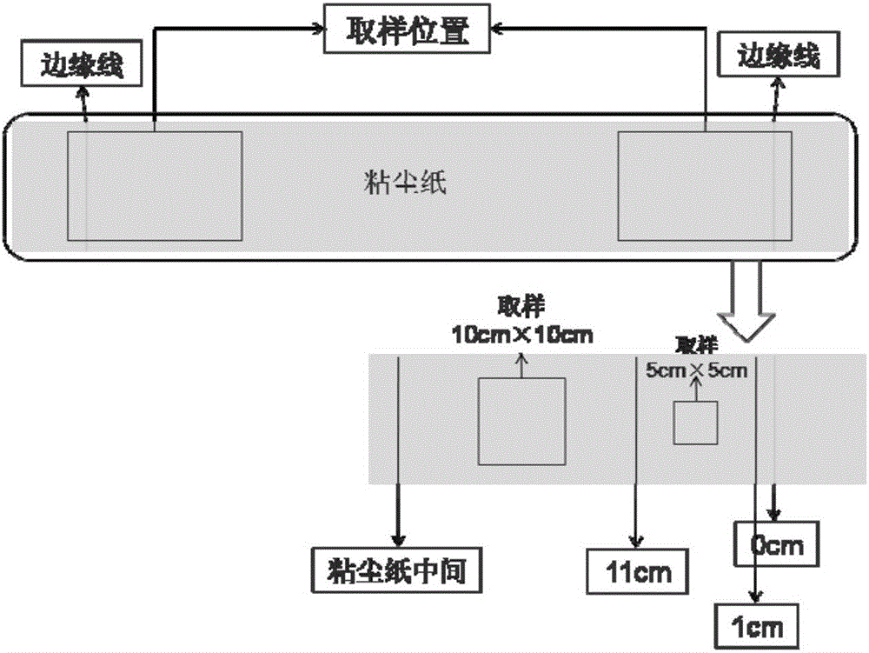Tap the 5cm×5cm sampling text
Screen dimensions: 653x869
(697, 362)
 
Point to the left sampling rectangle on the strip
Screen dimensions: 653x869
(155, 185)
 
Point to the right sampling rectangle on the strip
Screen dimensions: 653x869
(704, 185)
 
